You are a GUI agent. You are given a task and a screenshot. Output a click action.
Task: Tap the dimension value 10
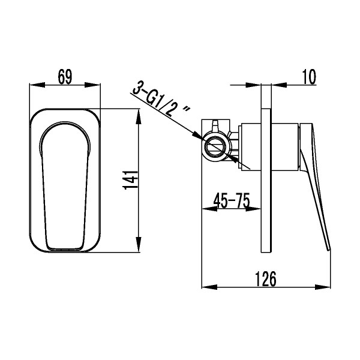(x=308, y=76)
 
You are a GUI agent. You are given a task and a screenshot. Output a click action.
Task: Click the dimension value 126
(x=266, y=279)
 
